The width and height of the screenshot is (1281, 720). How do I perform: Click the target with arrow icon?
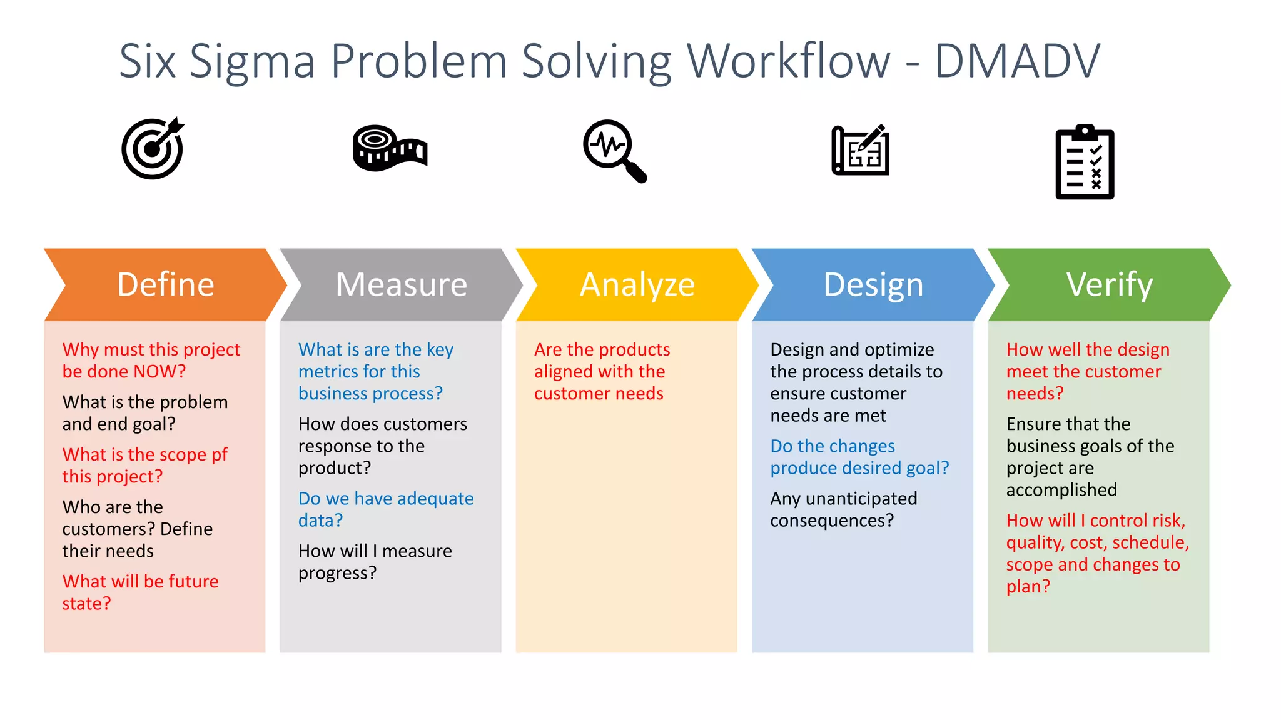pyautogui.click(x=153, y=149)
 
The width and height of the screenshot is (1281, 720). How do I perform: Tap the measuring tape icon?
pyautogui.click(x=389, y=148)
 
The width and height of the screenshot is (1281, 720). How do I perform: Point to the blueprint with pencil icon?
pyautogui.click(x=861, y=150)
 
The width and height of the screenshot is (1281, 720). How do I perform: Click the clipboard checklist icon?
pyautogui.click(x=1085, y=162)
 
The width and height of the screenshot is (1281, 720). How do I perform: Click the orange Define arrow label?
pyautogui.click(x=166, y=285)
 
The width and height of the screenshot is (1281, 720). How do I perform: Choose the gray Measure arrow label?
pyautogui.click(x=402, y=285)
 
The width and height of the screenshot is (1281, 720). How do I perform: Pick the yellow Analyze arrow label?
pyautogui.click(x=637, y=285)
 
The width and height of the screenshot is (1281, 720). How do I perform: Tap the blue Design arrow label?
pyautogui.click(x=873, y=285)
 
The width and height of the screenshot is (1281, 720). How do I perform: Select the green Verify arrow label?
pyautogui.click(x=1109, y=285)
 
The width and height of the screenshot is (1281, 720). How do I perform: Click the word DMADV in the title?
pyautogui.click(x=1017, y=61)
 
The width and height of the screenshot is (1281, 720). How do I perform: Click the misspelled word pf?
pyautogui.click(x=220, y=455)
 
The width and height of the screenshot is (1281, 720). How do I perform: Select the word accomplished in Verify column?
pyautogui.click(x=1061, y=490)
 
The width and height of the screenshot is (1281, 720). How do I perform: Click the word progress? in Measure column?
pyautogui.click(x=337, y=573)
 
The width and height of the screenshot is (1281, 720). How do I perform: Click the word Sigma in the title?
pyautogui.click(x=251, y=61)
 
